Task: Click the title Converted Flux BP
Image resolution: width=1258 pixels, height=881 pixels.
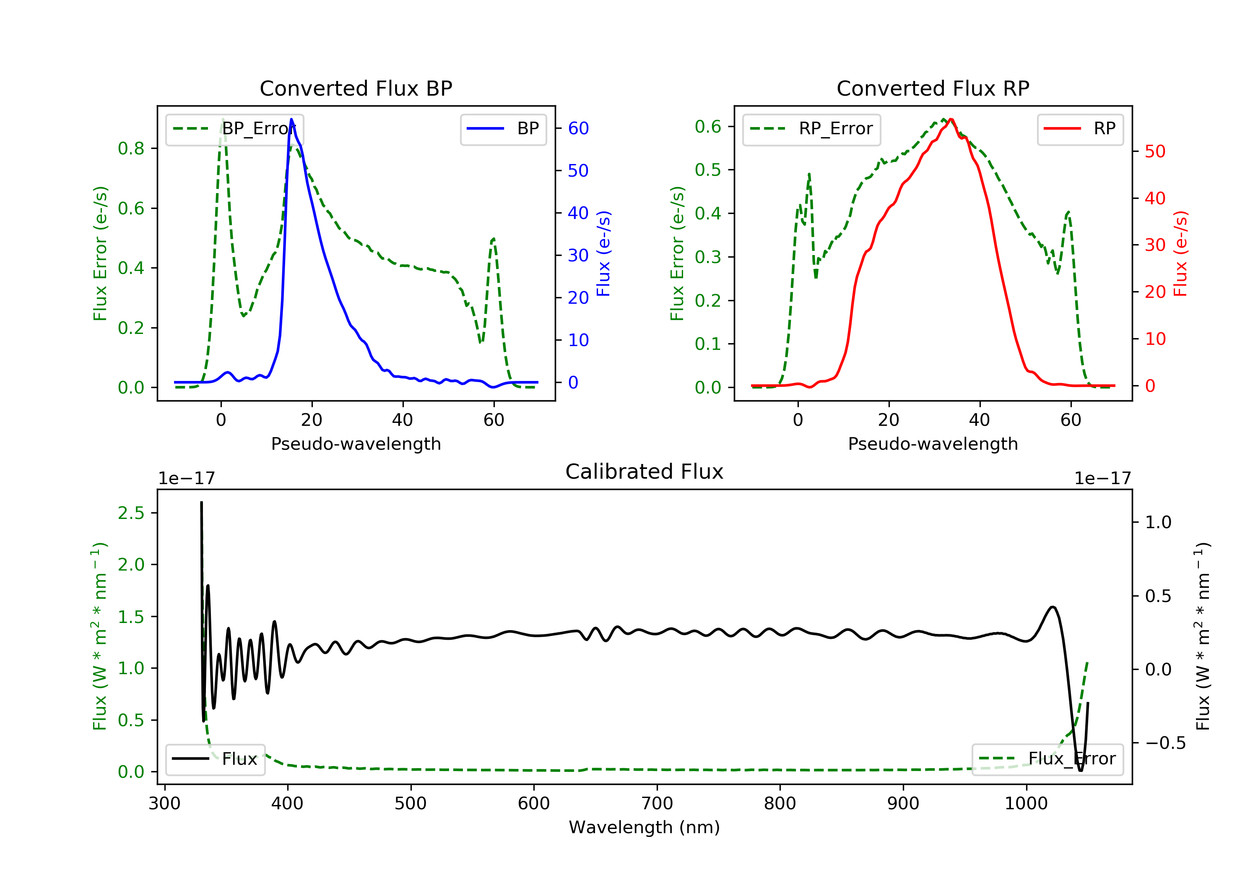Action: [356, 88]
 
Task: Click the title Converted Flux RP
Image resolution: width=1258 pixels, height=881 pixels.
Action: [933, 88]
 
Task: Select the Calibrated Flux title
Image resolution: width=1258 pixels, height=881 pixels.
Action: [645, 472]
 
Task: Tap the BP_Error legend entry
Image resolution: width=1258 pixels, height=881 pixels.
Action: [234, 129]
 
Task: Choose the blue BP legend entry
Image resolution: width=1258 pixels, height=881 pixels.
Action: [503, 129]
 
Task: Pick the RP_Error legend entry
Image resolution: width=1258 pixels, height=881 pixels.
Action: [811, 129]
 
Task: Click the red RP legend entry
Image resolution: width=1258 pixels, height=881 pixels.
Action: [1080, 129]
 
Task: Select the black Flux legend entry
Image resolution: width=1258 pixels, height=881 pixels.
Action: [215, 759]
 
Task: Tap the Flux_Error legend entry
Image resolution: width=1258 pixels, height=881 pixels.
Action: [1047, 759]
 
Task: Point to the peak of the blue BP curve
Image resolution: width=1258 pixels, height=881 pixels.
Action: [291, 119]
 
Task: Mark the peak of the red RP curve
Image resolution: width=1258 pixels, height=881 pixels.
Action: [951, 120]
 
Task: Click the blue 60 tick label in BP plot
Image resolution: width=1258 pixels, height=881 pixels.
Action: [578, 128]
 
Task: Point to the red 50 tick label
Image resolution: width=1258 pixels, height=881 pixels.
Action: [1155, 151]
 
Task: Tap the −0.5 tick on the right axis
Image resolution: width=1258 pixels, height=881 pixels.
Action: [1165, 743]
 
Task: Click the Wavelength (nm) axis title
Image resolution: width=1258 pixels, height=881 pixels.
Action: [645, 827]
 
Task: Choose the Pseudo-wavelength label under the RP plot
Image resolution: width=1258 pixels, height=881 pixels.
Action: [933, 443]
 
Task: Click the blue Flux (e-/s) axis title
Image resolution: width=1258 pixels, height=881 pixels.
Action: [603, 253]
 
